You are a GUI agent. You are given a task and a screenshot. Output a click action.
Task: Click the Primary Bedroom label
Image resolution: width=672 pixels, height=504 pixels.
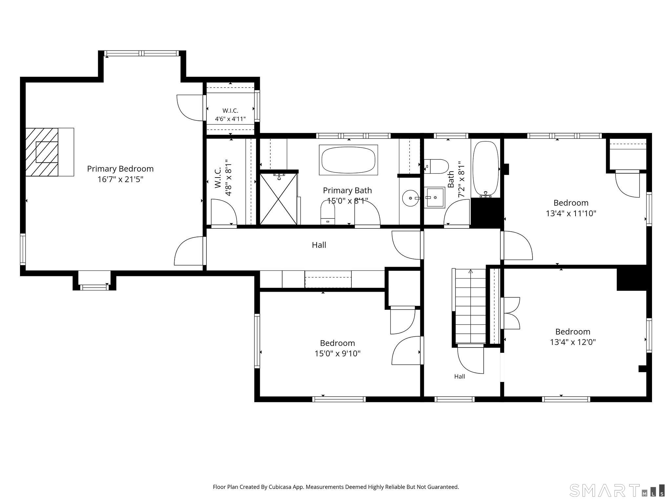[120, 169]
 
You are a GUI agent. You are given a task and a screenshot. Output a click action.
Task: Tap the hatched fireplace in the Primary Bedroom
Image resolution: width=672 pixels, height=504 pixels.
[42, 152]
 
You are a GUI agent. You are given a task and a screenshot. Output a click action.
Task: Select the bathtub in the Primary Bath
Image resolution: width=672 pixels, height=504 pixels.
[348, 160]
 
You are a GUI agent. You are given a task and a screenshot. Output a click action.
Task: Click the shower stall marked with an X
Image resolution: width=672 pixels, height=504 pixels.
[278, 199]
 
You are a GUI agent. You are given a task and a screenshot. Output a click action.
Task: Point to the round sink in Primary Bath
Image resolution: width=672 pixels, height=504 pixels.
[411, 198]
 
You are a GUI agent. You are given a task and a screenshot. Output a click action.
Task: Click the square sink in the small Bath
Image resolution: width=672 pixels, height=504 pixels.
[434, 198]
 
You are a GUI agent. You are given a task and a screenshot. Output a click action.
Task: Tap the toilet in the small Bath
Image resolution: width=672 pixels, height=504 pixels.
[436, 166]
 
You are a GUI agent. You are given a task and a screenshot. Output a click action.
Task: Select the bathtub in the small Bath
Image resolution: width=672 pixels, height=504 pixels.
[486, 170]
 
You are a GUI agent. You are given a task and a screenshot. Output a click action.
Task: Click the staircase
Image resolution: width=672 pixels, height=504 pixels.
[470, 306]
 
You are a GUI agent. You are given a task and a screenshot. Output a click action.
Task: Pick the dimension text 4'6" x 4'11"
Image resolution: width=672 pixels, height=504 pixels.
[230, 119]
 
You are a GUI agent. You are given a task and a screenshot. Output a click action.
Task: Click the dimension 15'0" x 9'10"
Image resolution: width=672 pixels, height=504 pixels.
[338, 353]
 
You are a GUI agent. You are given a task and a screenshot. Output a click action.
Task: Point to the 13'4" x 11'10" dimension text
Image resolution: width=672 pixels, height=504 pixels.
[571, 213]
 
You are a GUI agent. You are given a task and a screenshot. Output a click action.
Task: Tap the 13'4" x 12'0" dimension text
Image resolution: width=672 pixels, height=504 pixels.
[573, 342]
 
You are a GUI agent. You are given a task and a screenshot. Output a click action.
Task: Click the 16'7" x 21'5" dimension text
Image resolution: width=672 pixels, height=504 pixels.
[120, 179]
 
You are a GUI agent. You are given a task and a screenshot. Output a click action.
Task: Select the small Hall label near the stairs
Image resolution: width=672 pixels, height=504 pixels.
[459, 376]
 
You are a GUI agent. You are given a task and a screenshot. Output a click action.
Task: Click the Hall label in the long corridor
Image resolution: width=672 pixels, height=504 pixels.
[319, 245]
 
